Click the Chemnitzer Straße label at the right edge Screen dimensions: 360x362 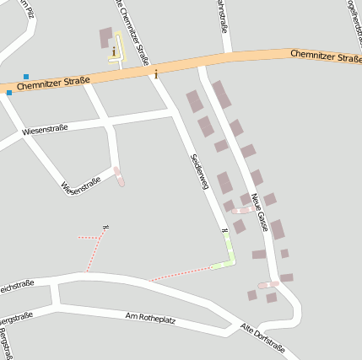[326, 56]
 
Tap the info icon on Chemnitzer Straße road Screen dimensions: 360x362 [156, 75]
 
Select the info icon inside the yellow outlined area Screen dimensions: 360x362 [114, 51]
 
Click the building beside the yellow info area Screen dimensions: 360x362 [105, 38]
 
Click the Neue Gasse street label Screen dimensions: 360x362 [258, 211]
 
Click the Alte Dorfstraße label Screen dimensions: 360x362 [262, 339]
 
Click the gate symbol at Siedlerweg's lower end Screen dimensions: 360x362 [224, 230]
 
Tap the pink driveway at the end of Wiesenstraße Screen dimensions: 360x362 [119, 177]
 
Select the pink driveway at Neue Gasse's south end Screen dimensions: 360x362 [268, 285]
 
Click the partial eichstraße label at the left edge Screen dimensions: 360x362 [17, 284]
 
